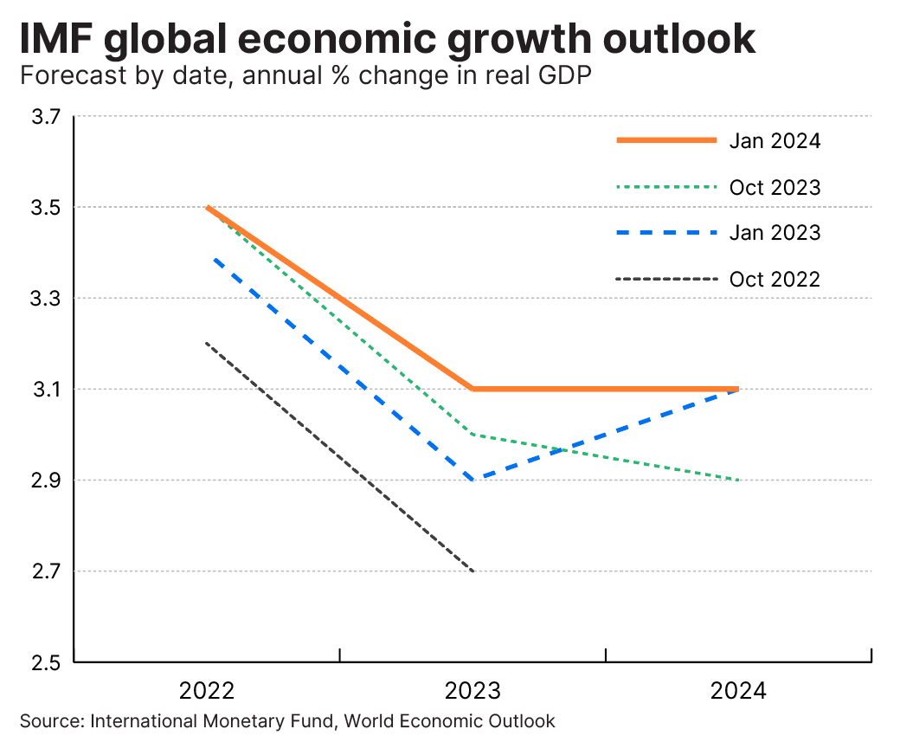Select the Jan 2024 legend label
point(774,140)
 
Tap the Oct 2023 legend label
point(775,187)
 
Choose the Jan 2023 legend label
point(774,233)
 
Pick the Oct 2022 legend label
point(775,279)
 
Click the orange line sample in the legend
point(666,140)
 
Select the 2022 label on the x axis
point(207,691)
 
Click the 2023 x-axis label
point(472,691)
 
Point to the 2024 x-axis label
point(738,691)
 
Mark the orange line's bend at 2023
point(472,389)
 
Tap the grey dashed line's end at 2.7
point(473,571)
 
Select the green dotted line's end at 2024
point(737,480)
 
